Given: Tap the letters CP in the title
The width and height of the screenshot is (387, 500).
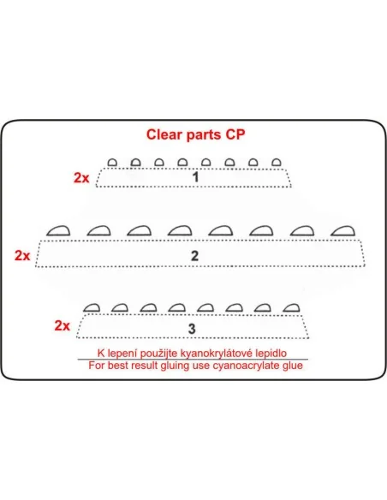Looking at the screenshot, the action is (x=235, y=134).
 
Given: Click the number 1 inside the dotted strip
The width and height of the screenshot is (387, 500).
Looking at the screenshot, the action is (x=196, y=176).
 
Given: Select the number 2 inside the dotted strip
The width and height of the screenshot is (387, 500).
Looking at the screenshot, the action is (x=194, y=256).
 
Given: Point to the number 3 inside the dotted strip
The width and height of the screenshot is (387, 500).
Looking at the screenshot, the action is (x=192, y=329).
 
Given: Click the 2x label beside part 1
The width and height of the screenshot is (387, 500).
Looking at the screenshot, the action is (x=81, y=177).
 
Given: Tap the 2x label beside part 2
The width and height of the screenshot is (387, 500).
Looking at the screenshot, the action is (x=22, y=255).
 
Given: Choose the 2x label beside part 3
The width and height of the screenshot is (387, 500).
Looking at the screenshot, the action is (x=63, y=325).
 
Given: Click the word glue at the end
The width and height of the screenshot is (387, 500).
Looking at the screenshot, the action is (x=293, y=366).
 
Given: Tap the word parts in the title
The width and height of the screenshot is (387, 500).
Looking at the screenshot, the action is (x=204, y=135).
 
